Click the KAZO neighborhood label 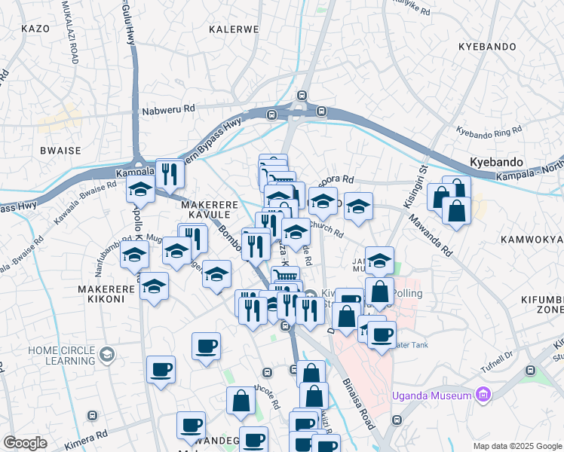[x=35, y=29]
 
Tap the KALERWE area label [x=233, y=29]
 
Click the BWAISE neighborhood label [x=60, y=151]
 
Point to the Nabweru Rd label [x=168, y=109]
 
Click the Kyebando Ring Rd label [x=489, y=131]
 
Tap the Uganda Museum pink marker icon [x=483, y=395]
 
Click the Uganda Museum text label [x=432, y=395]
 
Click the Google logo [x=25, y=443]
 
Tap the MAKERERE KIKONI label [x=101, y=294]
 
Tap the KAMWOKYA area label [x=531, y=239]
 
